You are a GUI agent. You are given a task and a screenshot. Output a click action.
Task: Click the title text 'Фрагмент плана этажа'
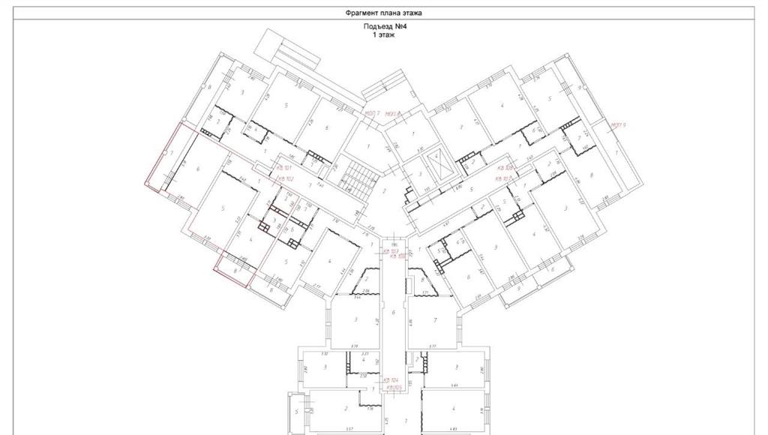click(383, 13)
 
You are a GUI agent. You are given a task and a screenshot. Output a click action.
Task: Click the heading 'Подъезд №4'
click(384, 27)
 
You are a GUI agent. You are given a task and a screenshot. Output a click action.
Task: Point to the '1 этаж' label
click(384, 34)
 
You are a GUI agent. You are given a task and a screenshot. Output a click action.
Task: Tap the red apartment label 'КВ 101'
click(283, 169)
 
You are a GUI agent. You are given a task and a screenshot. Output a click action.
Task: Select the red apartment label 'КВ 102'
click(283, 178)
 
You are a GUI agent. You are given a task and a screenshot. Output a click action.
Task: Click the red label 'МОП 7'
click(373, 112)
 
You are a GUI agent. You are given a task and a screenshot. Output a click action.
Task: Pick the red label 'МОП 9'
click(618, 124)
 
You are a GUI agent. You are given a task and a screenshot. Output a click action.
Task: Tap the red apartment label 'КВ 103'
click(391, 250)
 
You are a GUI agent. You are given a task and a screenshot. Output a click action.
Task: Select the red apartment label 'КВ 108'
click(504, 169)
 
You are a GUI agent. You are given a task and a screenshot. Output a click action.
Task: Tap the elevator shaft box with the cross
click(435, 160)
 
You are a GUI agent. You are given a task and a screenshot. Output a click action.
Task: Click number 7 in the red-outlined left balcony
click(172, 154)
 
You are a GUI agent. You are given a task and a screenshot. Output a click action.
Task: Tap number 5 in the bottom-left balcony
click(296, 411)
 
